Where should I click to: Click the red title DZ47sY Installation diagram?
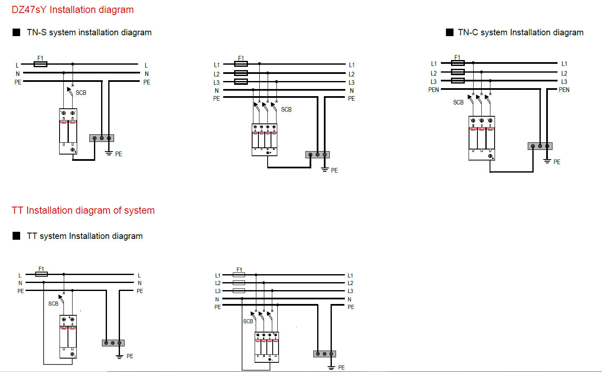coord(73,10)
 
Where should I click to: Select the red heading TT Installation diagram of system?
coord(83,210)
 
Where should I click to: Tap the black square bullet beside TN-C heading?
coord(449,32)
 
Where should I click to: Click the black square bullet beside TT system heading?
coord(16,236)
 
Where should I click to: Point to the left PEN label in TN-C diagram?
coord(433,90)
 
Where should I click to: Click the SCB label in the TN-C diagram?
coord(458,102)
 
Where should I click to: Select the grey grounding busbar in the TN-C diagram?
coord(540,146)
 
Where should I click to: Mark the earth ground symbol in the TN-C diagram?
coord(547,161)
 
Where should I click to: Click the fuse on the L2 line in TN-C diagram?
coord(458,72)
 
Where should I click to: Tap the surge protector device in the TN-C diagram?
coord(482,138)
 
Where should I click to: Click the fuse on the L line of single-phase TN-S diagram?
coord(40,64)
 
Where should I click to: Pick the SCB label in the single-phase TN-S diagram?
coord(81,93)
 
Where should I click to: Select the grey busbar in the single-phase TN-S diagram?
coord(102,138)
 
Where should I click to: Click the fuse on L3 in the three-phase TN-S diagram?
coord(241,81)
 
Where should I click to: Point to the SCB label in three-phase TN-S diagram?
coord(286,110)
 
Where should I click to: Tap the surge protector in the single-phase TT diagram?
coord(68,336)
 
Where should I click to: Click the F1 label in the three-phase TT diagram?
coord(239,270)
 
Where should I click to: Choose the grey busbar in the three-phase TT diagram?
coord(325,354)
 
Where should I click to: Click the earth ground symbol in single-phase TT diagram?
coord(120,356)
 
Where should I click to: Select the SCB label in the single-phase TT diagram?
coord(53,304)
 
